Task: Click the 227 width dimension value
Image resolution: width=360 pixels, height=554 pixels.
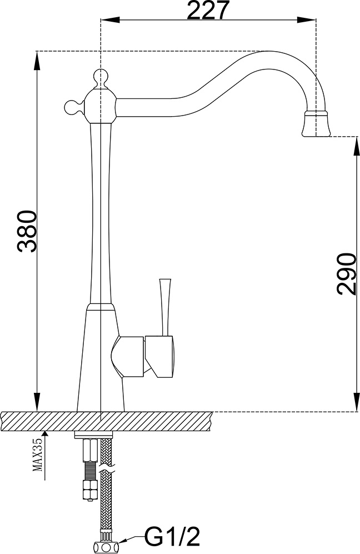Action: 208,10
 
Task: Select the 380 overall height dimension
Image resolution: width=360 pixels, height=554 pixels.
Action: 27,231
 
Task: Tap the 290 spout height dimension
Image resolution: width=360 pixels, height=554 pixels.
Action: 345,274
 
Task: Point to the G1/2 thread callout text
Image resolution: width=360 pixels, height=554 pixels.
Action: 173,538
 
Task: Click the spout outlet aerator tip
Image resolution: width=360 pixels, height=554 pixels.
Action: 316,124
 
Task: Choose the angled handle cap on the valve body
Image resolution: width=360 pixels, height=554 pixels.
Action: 159,356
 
